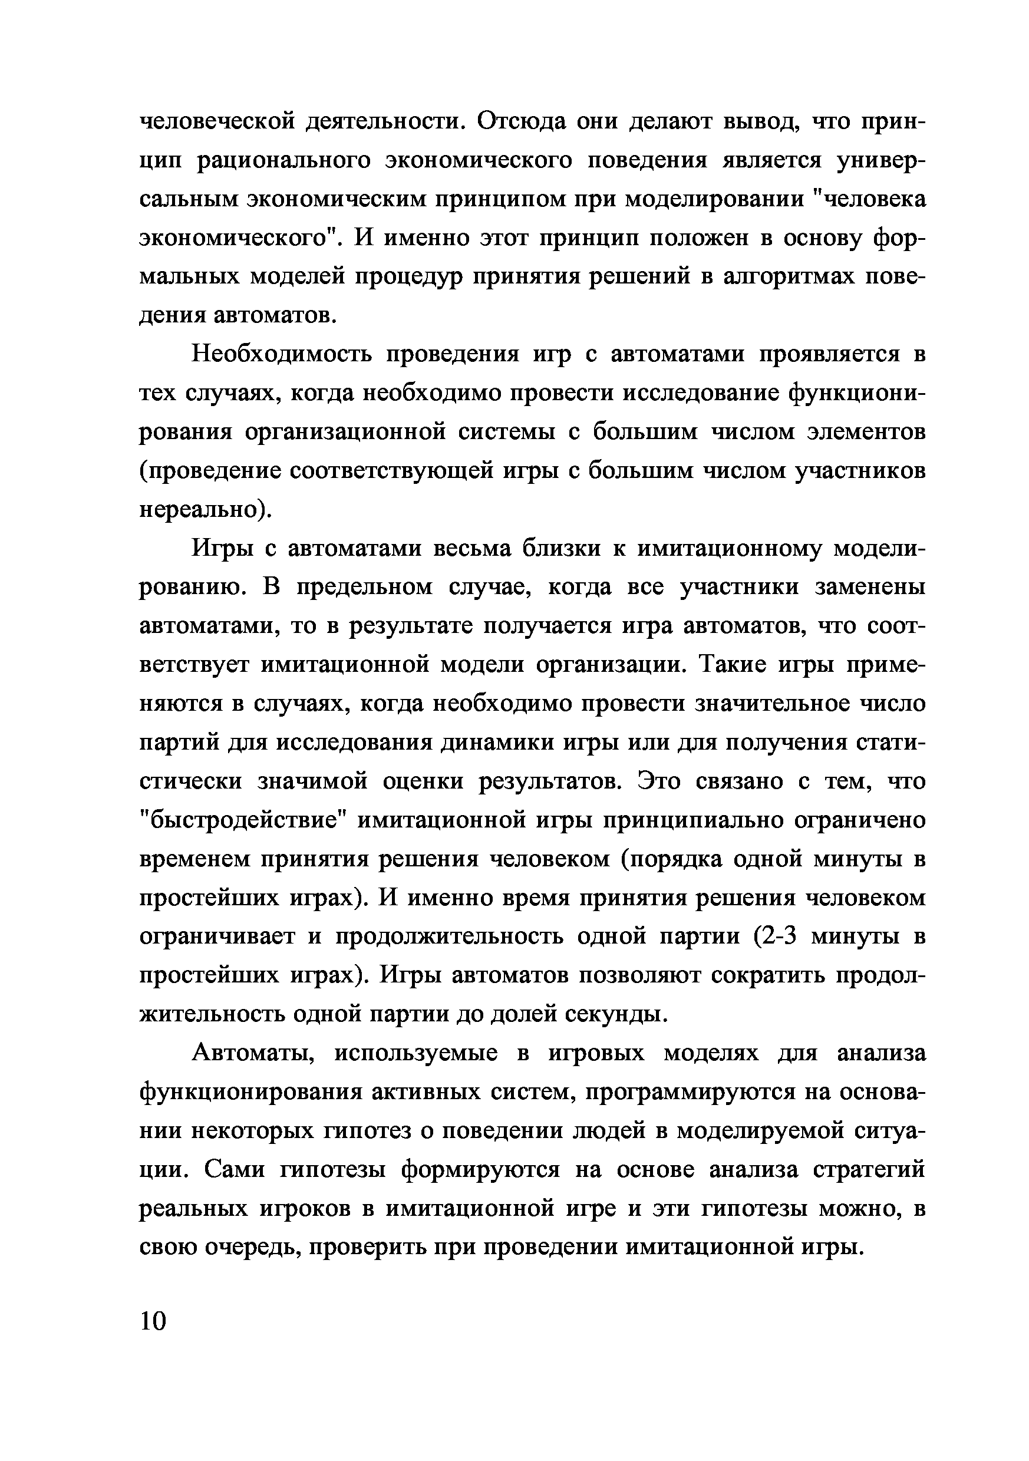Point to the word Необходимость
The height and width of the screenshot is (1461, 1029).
point(281,354)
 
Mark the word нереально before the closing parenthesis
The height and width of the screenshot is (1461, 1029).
point(198,510)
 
